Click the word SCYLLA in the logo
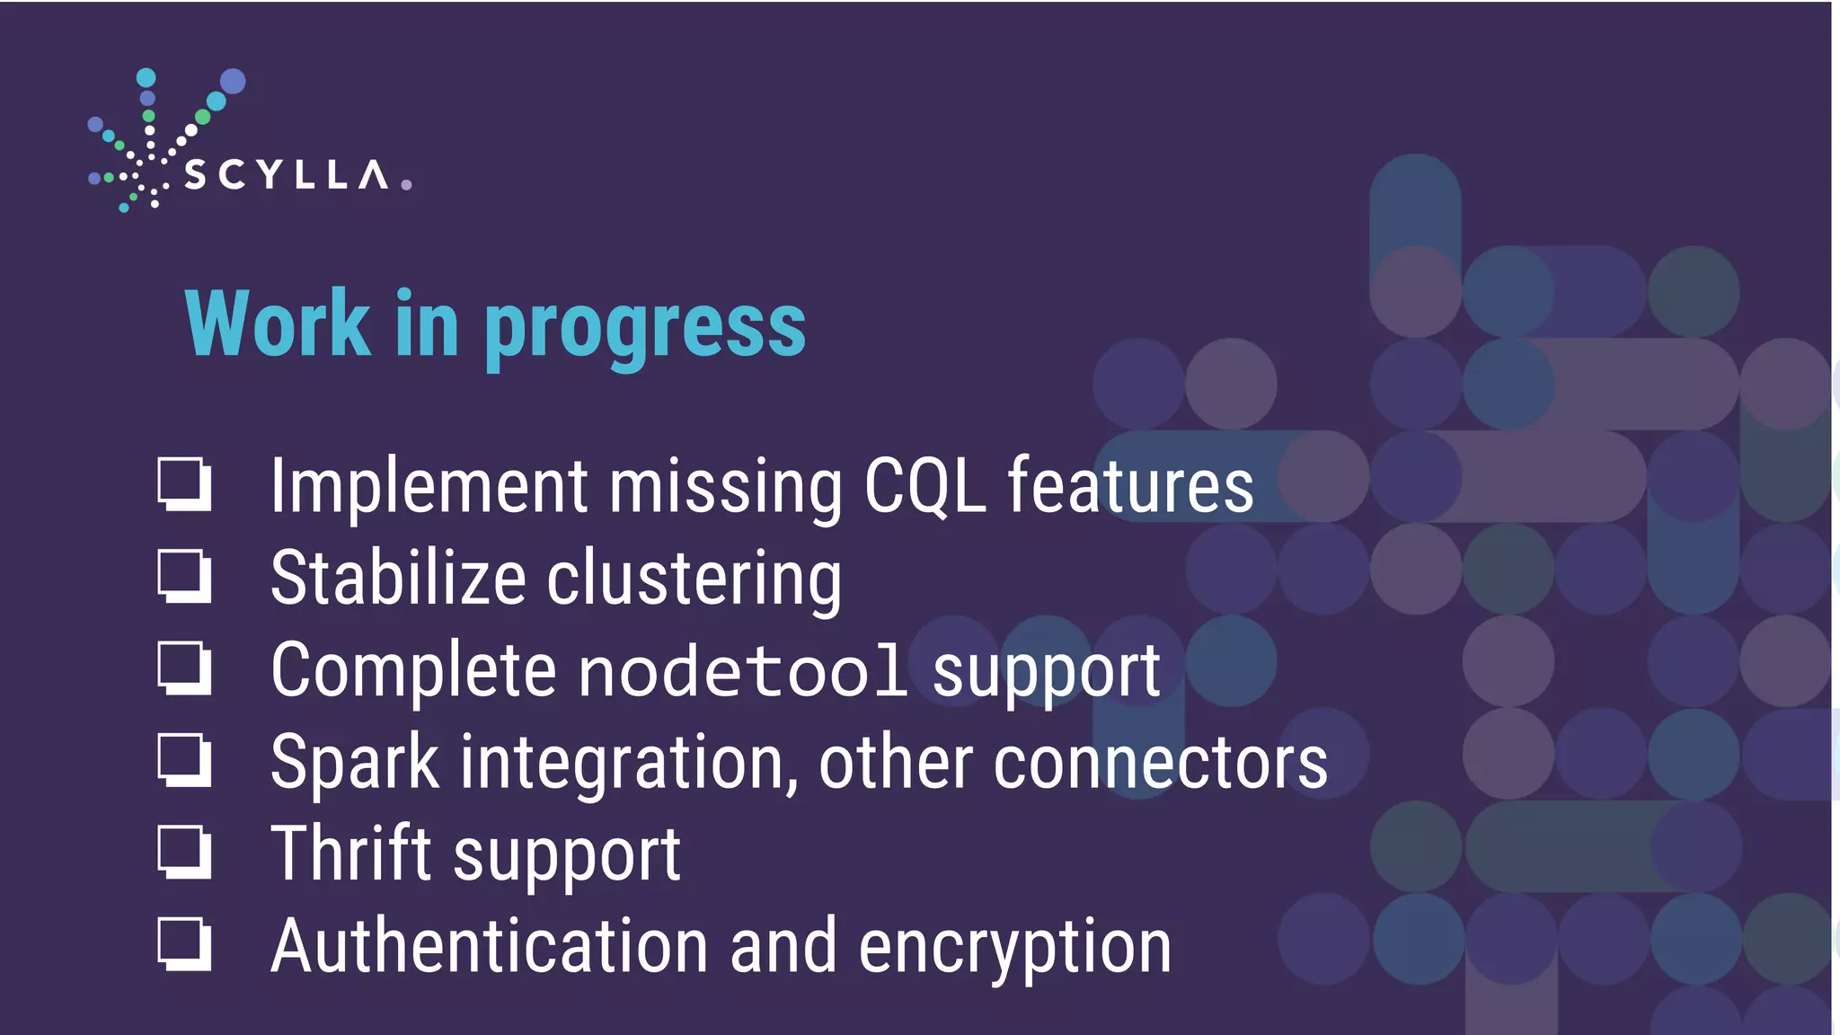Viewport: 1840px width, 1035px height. (x=286, y=174)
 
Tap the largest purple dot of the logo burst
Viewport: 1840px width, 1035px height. (x=233, y=82)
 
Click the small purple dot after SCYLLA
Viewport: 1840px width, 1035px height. (x=406, y=184)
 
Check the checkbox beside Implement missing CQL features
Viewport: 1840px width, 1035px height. (x=183, y=483)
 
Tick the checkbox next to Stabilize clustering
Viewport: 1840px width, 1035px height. (x=183, y=576)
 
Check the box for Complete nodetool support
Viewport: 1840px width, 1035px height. (x=183, y=668)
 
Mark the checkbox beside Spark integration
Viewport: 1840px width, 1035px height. (x=183, y=760)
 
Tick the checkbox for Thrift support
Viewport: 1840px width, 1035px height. (x=183, y=852)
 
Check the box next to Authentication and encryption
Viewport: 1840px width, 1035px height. (x=183, y=944)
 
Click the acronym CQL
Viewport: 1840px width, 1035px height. (x=924, y=487)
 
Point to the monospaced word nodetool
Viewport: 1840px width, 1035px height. (x=742, y=671)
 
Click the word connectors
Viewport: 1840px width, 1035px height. (x=1160, y=763)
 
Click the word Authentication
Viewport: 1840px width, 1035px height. (x=490, y=946)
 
